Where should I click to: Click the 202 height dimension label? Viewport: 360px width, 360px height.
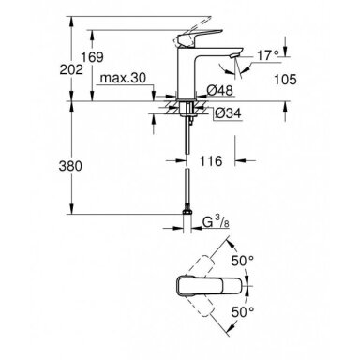[x=71, y=69]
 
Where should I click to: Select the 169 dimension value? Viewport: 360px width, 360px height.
[x=92, y=57]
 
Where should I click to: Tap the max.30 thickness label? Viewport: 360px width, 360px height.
[x=123, y=78]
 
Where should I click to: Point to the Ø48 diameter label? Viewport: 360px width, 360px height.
[x=220, y=91]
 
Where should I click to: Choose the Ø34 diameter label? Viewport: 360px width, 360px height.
[x=229, y=112]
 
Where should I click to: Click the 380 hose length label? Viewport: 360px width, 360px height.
[x=70, y=166]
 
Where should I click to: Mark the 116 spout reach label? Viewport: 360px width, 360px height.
[x=211, y=161]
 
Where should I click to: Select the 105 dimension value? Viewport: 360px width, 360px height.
[x=285, y=80]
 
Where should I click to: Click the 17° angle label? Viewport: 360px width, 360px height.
[x=268, y=55]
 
